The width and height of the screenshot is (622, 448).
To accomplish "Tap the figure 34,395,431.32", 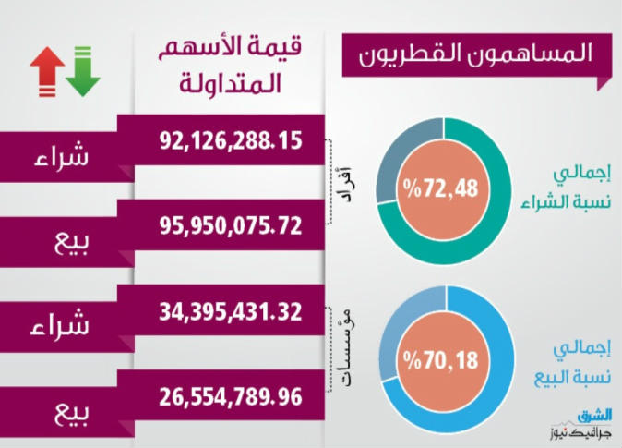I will click(x=231, y=311).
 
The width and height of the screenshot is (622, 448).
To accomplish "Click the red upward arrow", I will click(x=46, y=71).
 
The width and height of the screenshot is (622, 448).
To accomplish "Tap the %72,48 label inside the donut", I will click(x=440, y=190).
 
